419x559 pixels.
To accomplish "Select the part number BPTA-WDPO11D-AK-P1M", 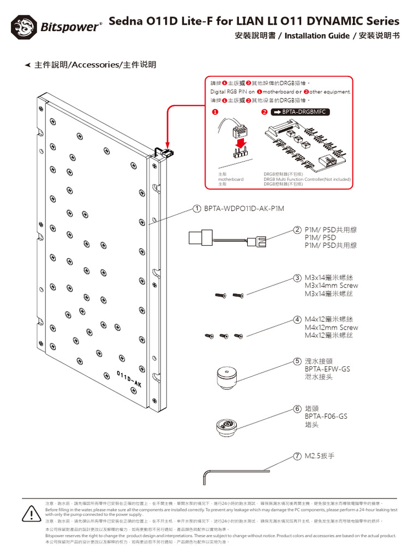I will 244,209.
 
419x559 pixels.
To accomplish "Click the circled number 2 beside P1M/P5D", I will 297,230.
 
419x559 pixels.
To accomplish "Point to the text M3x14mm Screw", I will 331,286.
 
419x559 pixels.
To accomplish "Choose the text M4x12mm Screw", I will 331,328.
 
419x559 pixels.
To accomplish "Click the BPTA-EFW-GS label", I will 327,369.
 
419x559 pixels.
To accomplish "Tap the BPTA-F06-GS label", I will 326,416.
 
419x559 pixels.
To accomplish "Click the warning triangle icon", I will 32,514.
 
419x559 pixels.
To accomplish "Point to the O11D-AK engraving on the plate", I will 129,379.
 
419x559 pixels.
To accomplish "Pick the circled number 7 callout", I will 297,455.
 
